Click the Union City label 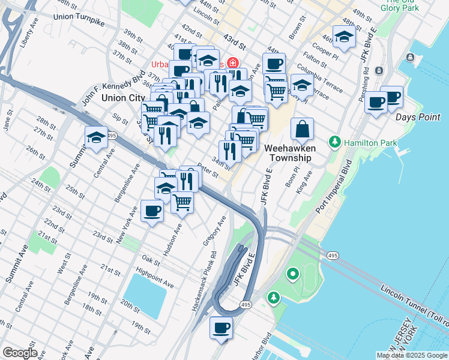point(123,97)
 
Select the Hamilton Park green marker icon point(334,142)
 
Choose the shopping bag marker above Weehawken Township point(303,128)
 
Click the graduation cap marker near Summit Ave point(96,137)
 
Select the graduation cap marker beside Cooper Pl point(344,37)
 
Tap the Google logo point(19,353)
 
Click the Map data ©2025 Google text point(411,355)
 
